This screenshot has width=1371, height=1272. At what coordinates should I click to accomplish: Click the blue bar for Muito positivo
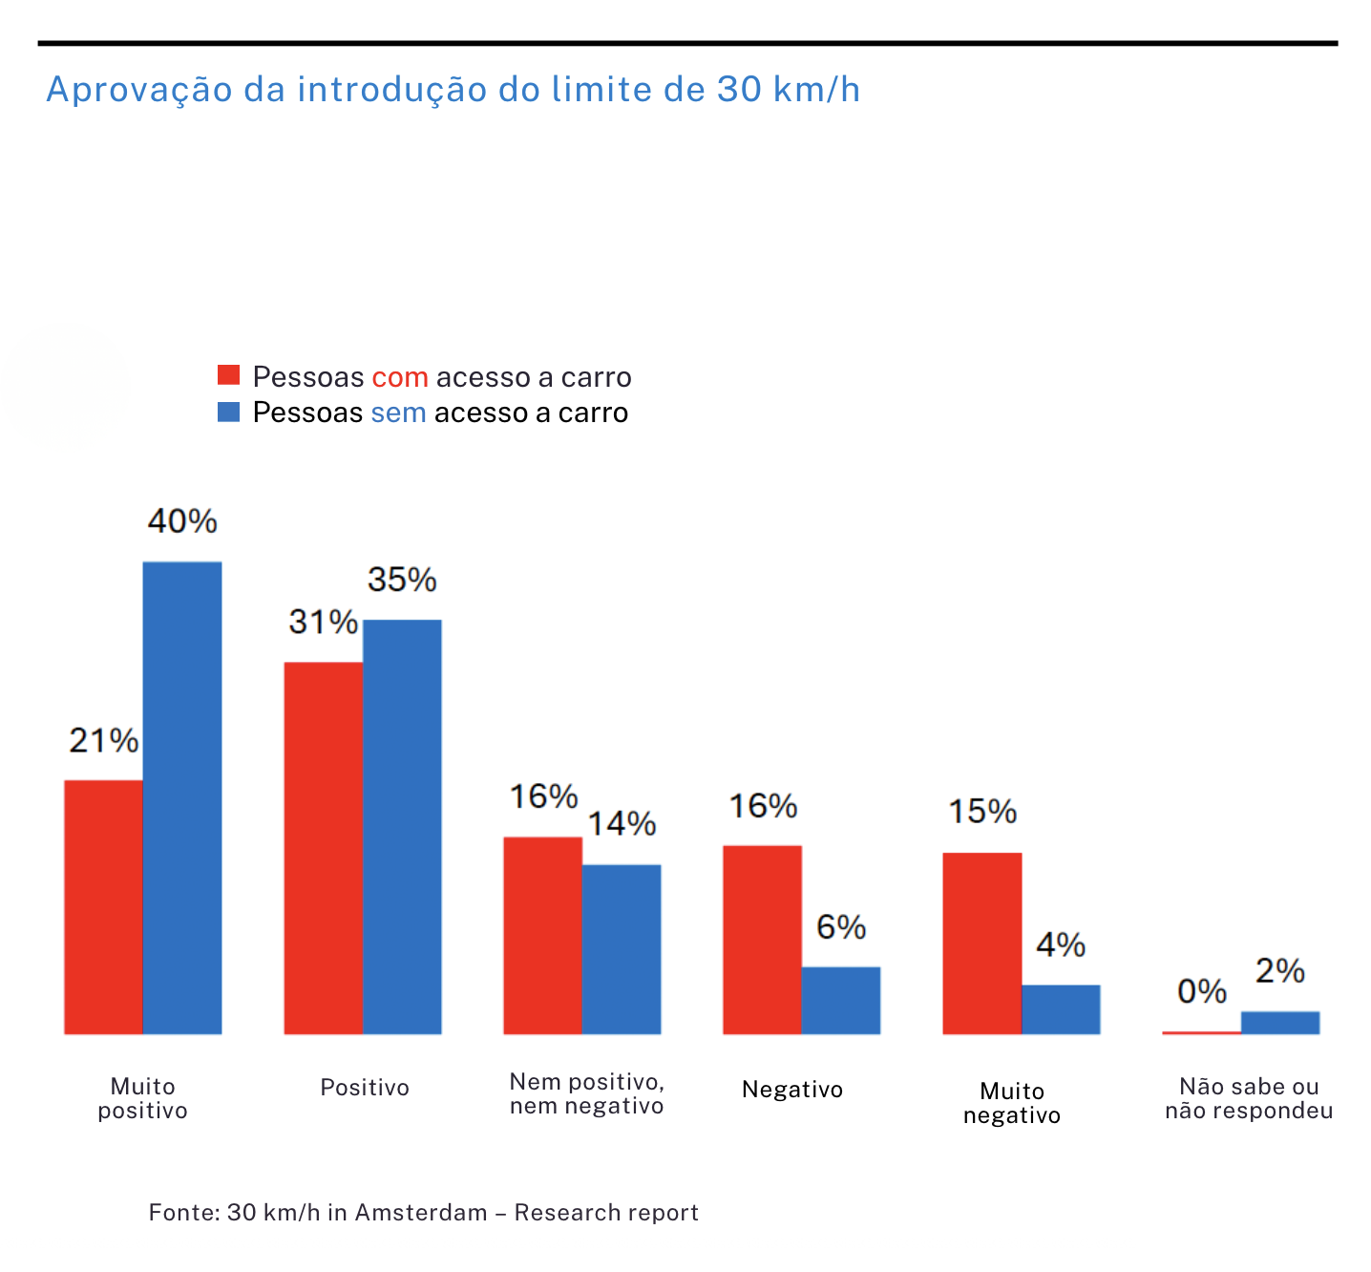pyautogui.click(x=182, y=797)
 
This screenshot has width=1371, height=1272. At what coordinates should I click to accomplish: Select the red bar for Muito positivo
pyautogui.click(x=103, y=906)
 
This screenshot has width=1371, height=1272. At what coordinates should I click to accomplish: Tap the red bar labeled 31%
pyautogui.click(x=323, y=847)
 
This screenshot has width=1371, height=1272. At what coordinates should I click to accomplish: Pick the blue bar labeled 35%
pyautogui.click(x=402, y=826)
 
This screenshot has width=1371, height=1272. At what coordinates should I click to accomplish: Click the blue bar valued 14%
pyautogui.click(x=622, y=948)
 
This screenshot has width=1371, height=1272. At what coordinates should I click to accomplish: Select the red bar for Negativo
pyautogui.click(x=762, y=939)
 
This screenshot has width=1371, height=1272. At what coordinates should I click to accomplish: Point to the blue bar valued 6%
pyautogui.click(x=841, y=1000)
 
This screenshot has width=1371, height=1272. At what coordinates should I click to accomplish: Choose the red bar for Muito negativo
pyautogui.click(x=981, y=943)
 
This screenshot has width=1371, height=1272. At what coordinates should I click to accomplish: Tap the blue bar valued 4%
pyautogui.click(x=1061, y=1008)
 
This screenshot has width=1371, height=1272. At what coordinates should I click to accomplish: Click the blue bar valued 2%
pyautogui.click(x=1280, y=1022)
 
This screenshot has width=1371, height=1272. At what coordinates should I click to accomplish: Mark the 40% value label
pyautogui.click(x=182, y=521)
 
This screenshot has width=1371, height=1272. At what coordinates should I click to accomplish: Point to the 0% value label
pyautogui.click(x=1201, y=991)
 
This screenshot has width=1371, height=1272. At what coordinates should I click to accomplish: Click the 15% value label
pyautogui.click(x=981, y=812)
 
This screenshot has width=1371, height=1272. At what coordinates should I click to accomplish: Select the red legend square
pyautogui.click(x=228, y=375)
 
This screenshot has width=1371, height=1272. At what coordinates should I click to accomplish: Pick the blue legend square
pyautogui.click(x=228, y=412)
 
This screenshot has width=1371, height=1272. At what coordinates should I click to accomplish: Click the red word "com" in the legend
pyautogui.click(x=399, y=377)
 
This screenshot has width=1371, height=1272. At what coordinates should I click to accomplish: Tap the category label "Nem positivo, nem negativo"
pyautogui.click(x=586, y=1093)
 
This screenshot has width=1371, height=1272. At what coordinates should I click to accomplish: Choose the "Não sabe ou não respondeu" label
pyautogui.click(x=1249, y=1098)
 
